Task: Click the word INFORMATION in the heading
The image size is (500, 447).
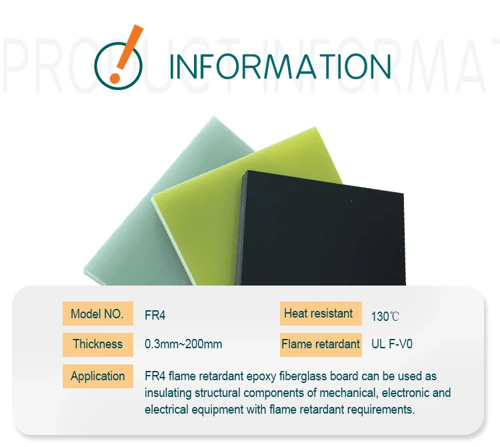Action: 280,67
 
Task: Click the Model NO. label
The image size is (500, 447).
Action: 97,314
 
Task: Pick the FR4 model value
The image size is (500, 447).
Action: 155,314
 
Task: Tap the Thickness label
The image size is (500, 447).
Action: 97,344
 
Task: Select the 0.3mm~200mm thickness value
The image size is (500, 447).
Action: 183,345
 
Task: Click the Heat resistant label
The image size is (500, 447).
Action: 319,314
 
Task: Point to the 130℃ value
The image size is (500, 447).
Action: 385,316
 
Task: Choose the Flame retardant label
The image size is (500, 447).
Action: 321,344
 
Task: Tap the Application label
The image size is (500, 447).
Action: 97,376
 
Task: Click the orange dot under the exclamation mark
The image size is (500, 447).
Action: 115,78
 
